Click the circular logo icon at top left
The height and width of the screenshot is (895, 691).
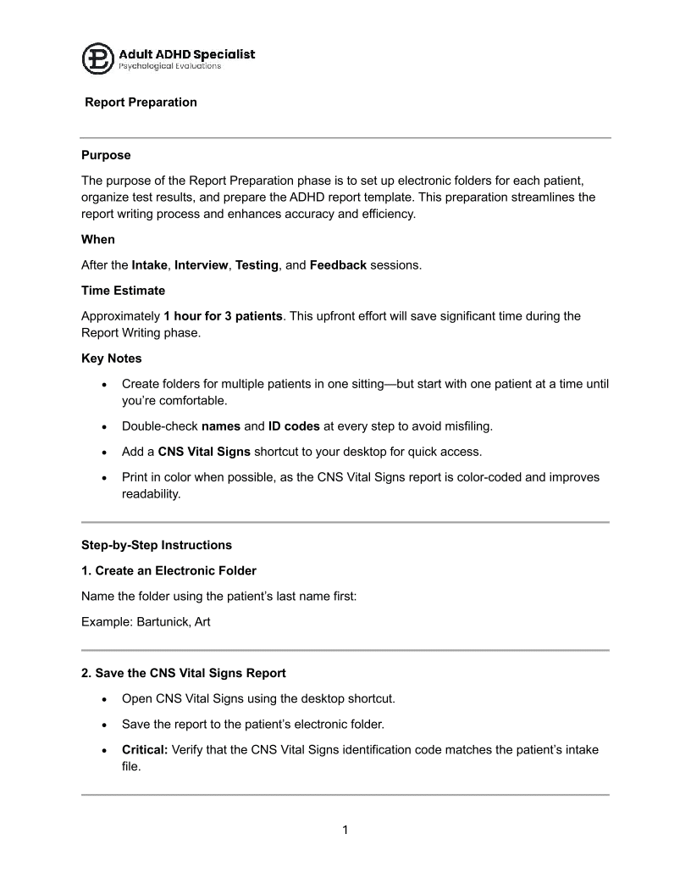tap(97, 58)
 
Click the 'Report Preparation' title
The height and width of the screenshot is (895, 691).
tap(141, 103)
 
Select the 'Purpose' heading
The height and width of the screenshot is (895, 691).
tap(106, 155)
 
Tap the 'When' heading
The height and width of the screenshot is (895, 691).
tap(98, 239)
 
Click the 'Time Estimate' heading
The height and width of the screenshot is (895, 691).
tap(123, 291)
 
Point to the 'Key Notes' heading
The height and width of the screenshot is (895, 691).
tap(113, 359)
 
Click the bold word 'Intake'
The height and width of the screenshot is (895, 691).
tap(150, 265)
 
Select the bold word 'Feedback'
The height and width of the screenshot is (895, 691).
tap(338, 265)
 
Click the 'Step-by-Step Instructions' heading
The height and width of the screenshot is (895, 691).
tap(157, 544)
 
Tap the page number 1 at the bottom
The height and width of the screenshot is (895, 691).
tap(345, 830)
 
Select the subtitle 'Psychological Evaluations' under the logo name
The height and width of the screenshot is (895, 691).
tap(169, 66)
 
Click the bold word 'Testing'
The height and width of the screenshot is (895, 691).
tap(257, 265)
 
